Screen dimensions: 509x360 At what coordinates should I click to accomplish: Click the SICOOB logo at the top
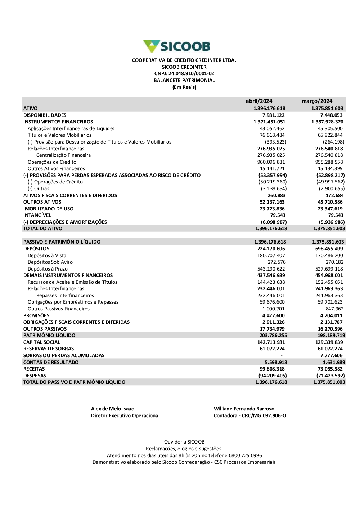(x=177, y=46)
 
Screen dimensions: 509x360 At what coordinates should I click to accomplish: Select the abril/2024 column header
(x=259, y=101)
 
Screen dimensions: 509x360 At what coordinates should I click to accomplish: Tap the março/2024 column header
(x=317, y=101)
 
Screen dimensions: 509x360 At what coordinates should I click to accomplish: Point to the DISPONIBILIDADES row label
(x=45, y=115)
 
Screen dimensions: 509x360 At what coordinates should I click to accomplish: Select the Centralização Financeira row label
(x=63, y=155)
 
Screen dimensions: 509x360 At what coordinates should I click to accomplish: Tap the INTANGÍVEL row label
(x=37, y=215)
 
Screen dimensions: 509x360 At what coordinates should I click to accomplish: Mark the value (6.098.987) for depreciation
(x=274, y=222)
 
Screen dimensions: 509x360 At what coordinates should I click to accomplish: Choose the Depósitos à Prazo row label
(x=48, y=269)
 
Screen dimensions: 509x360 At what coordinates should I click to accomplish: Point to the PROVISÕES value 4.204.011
(x=331, y=315)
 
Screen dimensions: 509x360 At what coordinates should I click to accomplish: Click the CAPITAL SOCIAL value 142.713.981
(x=271, y=342)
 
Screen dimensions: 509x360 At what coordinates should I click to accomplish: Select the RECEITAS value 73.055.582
(x=329, y=369)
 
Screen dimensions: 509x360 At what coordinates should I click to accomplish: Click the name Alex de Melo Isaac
(x=112, y=409)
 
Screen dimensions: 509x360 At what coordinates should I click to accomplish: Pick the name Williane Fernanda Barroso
(x=244, y=409)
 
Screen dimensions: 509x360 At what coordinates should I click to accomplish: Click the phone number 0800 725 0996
(x=245, y=455)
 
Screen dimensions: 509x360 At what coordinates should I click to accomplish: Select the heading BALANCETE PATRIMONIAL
(x=184, y=81)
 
